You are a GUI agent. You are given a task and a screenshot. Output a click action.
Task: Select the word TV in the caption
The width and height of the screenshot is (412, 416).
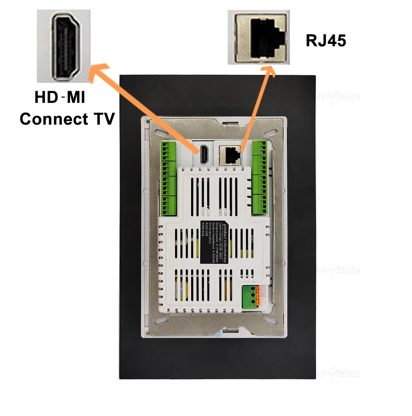(103, 118)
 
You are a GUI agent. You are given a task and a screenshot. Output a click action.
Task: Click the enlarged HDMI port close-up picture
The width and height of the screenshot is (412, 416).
(64, 46)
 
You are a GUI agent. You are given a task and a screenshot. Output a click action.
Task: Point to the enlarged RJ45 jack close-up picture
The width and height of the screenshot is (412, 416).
(258, 38)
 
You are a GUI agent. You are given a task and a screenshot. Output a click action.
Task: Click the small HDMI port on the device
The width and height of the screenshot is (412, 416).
(203, 155)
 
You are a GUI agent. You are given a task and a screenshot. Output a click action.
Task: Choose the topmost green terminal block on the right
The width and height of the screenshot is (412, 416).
(260, 148)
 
